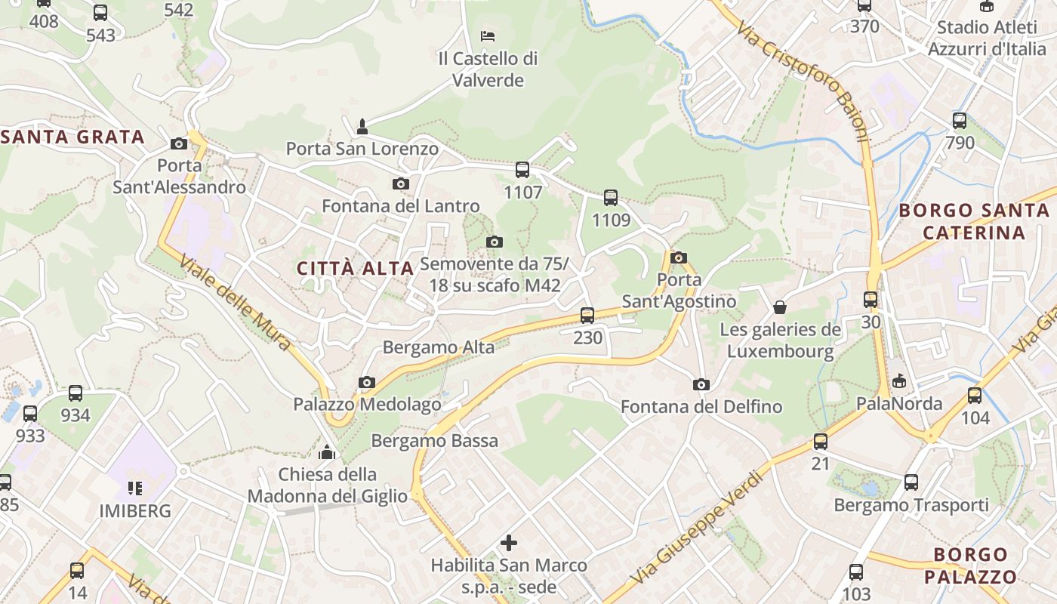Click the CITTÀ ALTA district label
tap(355, 268)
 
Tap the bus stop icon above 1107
tap(522, 170)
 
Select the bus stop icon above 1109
tap(611, 198)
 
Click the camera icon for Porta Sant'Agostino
tap(679, 257)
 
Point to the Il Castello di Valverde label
tap(488, 69)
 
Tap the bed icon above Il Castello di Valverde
tap(488, 35)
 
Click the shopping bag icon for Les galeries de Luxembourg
tap(780, 307)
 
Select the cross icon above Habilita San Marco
tap(509, 542)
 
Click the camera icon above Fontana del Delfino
tap(701, 385)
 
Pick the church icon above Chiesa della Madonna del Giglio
tap(327, 452)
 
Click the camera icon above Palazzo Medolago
tap(367, 383)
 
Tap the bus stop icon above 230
tap(587, 316)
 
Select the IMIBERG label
tap(135, 511)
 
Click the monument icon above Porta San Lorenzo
tap(362, 126)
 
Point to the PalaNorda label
tap(899, 404)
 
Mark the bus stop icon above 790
tap(960, 120)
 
